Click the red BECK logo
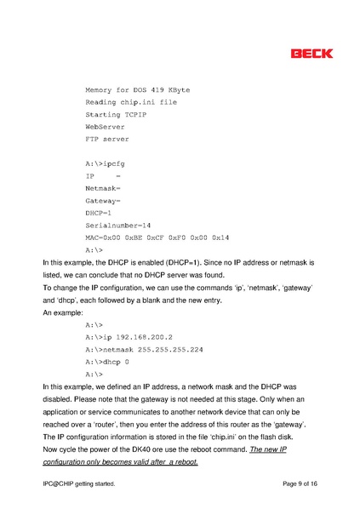(x=311, y=54)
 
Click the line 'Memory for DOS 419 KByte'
(x=137, y=89)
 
